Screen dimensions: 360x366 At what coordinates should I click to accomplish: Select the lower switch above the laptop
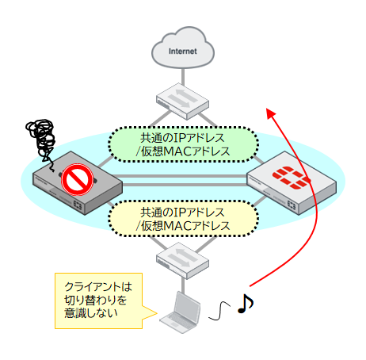(x=183, y=258)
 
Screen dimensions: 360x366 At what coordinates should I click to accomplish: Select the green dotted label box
(x=183, y=144)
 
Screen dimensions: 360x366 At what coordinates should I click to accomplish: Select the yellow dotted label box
(x=183, y=219)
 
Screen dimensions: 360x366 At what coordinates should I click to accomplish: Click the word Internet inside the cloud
(x=183, y=52)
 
